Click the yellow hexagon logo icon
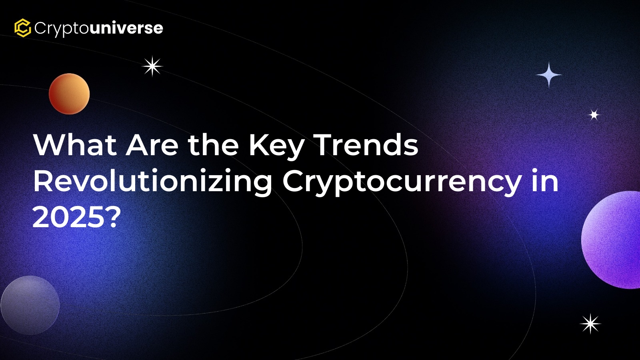pos(22,28)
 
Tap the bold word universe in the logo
pos(126,28)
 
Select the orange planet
pos(69,94)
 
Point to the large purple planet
pos(612,240)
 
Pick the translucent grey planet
pos(30,305)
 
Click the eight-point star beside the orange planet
pos(152,66)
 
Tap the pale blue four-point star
pos(548,75)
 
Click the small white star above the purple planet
pos(594,115)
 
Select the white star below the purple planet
pos(590,324)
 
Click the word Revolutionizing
pos(153,183)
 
